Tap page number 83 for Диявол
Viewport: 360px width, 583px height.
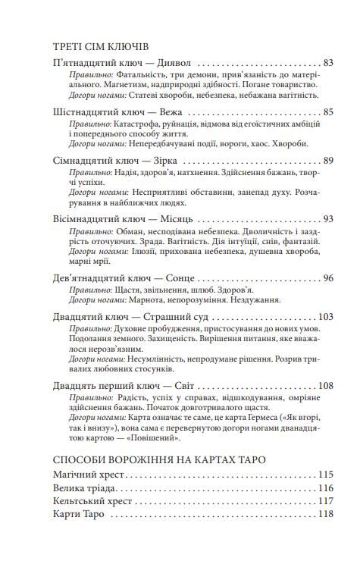(327, 63)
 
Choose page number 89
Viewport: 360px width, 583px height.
(327, 161)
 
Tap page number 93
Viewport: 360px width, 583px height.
(327, 220)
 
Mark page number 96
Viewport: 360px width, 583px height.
(327, 278)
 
